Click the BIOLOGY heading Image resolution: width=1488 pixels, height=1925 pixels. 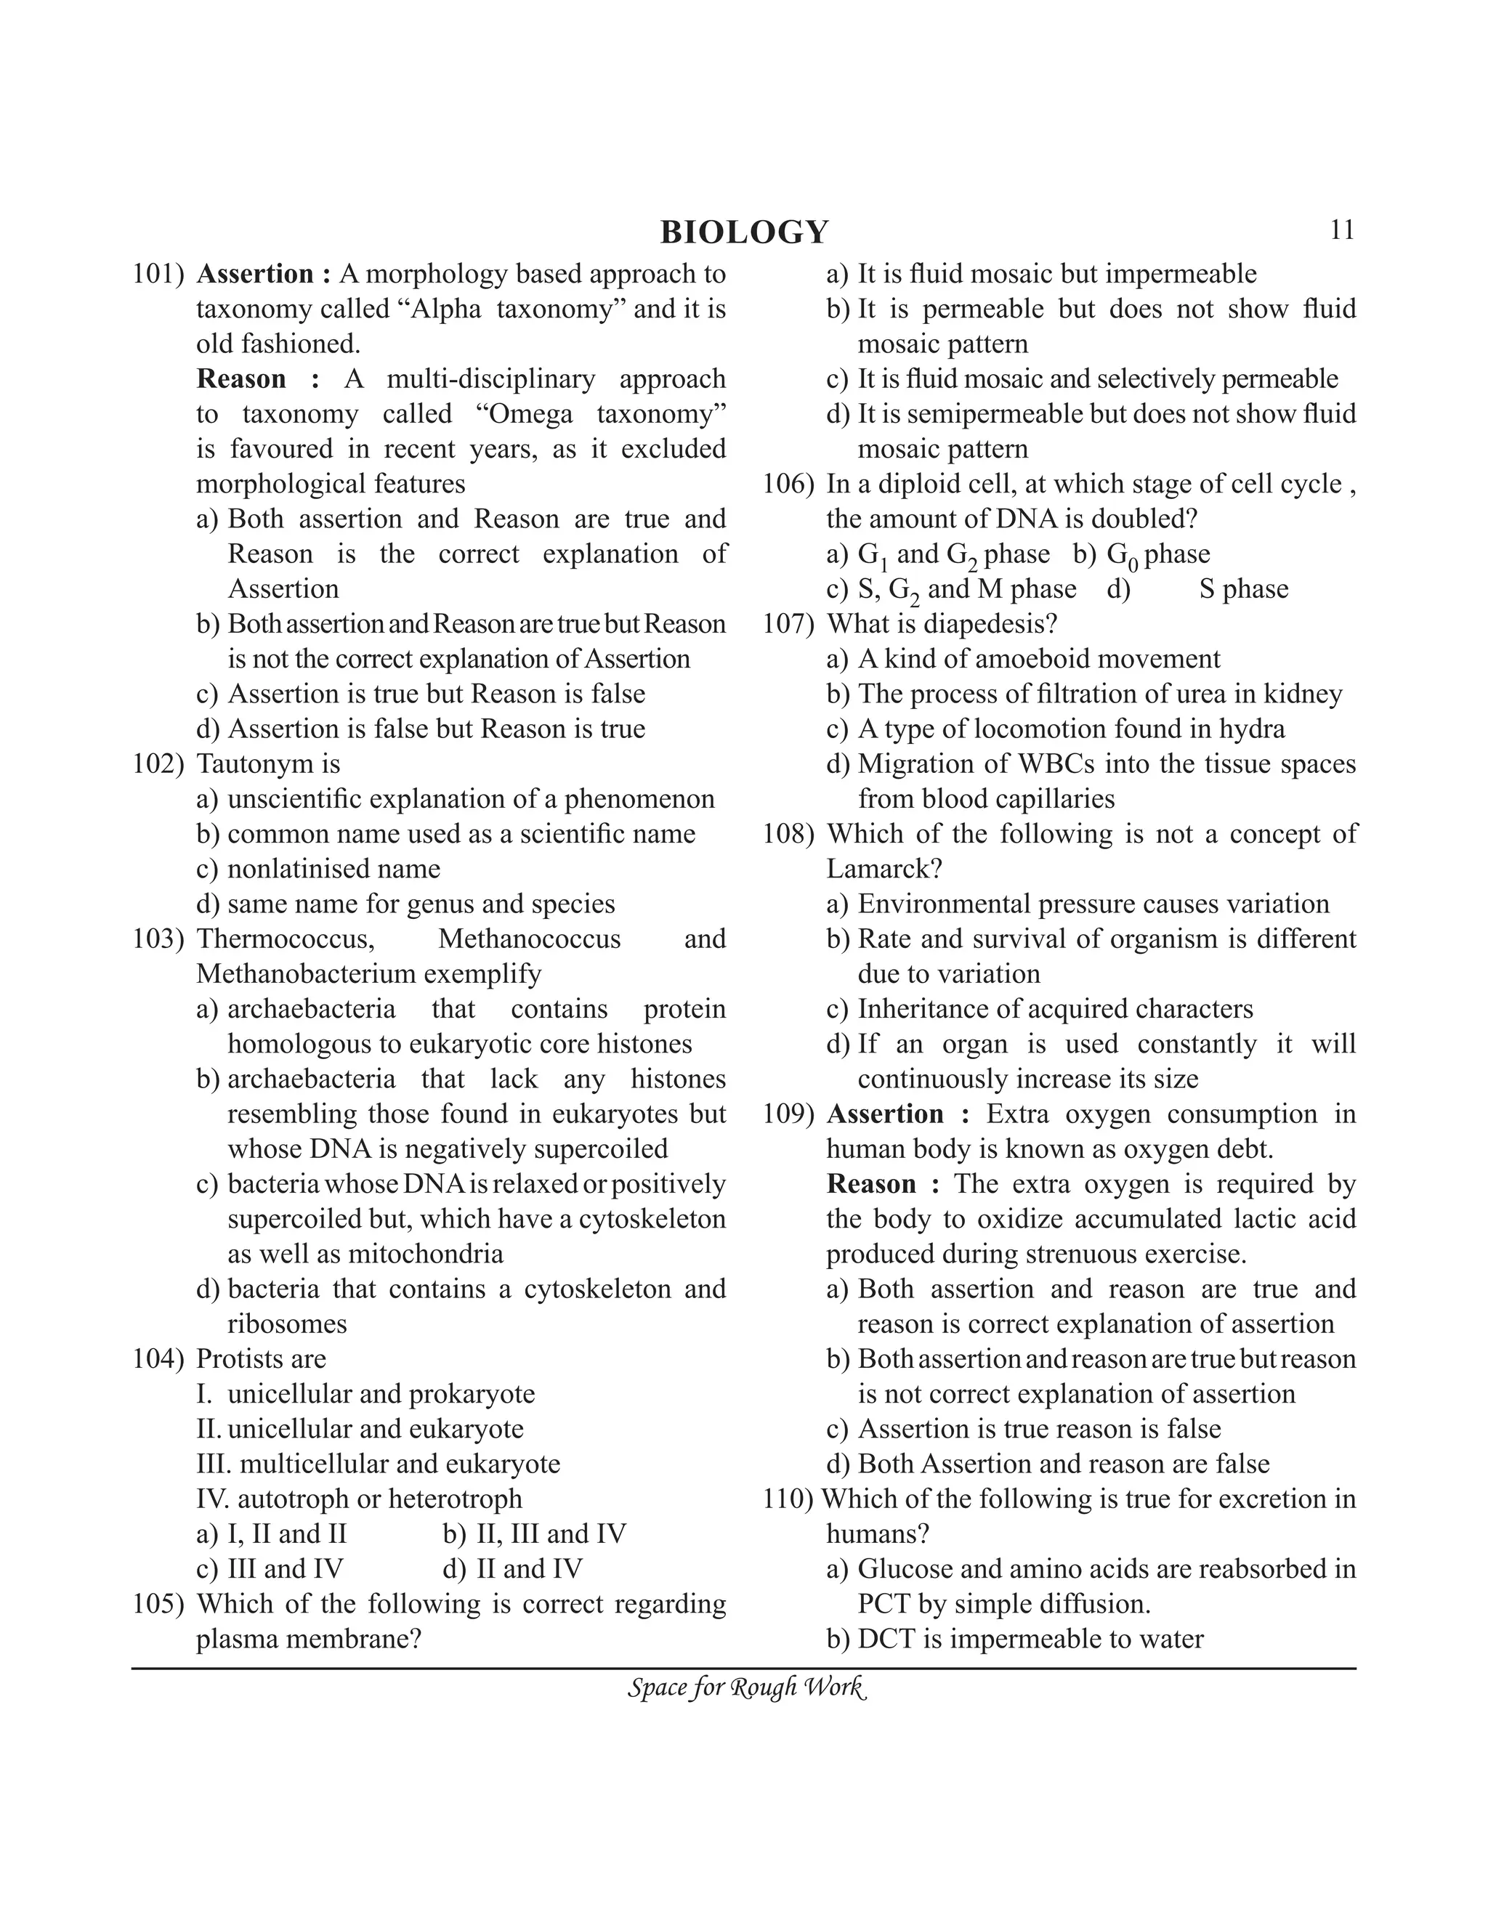pos(744,232)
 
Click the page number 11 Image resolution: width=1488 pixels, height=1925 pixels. pos(1341,230)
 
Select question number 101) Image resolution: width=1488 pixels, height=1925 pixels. pos(158,274)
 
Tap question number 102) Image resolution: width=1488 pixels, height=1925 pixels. pos(158,764)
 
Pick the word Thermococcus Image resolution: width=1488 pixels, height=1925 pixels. pos(285,939)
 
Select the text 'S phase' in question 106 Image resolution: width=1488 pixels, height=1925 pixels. pos(1243,589)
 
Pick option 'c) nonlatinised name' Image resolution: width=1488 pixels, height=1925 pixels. pos(318,869)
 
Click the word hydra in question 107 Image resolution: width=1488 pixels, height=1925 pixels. pos(1252,729)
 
